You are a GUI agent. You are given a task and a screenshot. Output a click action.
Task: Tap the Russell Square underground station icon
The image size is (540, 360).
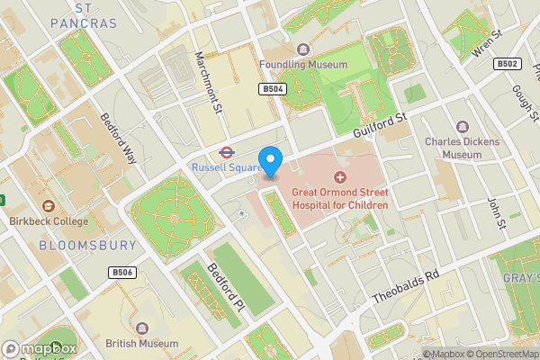point(227,151)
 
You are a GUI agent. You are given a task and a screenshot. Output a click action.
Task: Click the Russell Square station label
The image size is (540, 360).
point(226,167)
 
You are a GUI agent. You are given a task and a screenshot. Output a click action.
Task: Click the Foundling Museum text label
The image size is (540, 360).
point(302,64)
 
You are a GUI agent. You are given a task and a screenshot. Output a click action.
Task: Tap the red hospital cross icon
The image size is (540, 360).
point(340,177)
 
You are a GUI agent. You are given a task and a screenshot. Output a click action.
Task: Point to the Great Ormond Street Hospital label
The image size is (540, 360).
point(339,199)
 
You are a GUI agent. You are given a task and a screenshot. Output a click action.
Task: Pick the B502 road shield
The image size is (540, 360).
point(508,64)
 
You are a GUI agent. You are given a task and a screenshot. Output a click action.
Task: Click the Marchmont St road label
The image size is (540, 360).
point(208,83)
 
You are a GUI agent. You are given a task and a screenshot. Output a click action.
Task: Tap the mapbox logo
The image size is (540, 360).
point(40,347)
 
